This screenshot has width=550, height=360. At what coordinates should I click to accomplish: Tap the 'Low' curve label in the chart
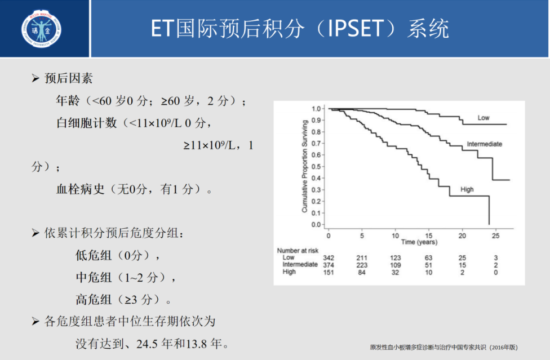[x=483, y=118]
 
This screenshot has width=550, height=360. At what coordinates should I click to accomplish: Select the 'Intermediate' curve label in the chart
[x=484, y=144]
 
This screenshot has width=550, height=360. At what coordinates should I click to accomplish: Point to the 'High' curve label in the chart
[x=467, y=190]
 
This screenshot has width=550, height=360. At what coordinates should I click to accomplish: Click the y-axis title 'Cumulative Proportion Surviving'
[x=304, y=166]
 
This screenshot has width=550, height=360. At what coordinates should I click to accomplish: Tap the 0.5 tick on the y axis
[x=316, y=166]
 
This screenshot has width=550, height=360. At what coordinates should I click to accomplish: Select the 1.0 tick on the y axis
[x=316, y=108]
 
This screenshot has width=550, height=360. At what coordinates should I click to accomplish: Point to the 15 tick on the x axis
[x=429, y=235]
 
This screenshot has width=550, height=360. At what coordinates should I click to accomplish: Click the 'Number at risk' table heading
[x=297, y=250]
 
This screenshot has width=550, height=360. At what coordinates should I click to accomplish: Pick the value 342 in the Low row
[x=329, y=257]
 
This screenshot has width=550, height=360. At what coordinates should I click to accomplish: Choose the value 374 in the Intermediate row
[x=329, y=265]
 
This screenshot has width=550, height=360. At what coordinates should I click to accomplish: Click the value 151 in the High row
[x=329, y=272]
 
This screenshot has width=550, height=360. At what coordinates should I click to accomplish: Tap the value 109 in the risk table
[x=395, y=265]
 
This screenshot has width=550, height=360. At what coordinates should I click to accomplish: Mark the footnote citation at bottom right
[x=443, y=347]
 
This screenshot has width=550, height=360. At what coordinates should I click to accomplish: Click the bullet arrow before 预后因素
[x=36, y=78]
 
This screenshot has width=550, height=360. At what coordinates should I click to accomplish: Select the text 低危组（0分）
[x=118, y=255]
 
